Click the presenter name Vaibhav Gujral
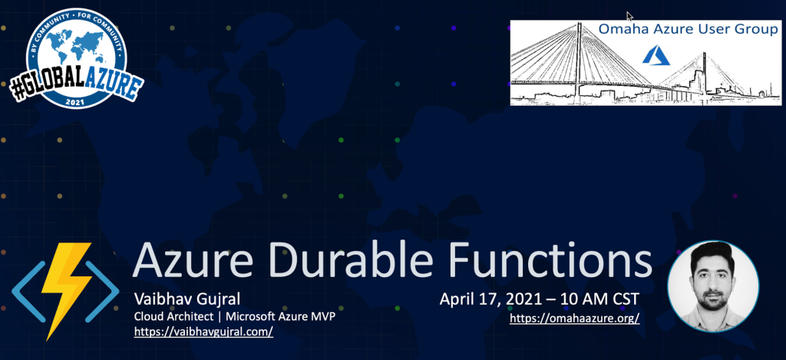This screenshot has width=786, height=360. pos(187,300)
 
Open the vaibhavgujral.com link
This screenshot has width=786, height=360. pos(203,332)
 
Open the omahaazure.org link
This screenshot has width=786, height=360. pos(574,319)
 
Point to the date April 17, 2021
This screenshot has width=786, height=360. pos(490,299)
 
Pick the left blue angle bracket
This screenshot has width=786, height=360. pos(28,292)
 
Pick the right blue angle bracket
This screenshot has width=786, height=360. pos(102,292)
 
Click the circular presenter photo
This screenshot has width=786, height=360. pos(713,286)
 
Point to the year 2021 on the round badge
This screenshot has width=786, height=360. pos(75,101)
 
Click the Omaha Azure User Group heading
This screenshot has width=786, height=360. pos(688,30)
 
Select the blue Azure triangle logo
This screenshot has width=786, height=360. pos(656,55)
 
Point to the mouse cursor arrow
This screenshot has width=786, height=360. pos(629,16)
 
